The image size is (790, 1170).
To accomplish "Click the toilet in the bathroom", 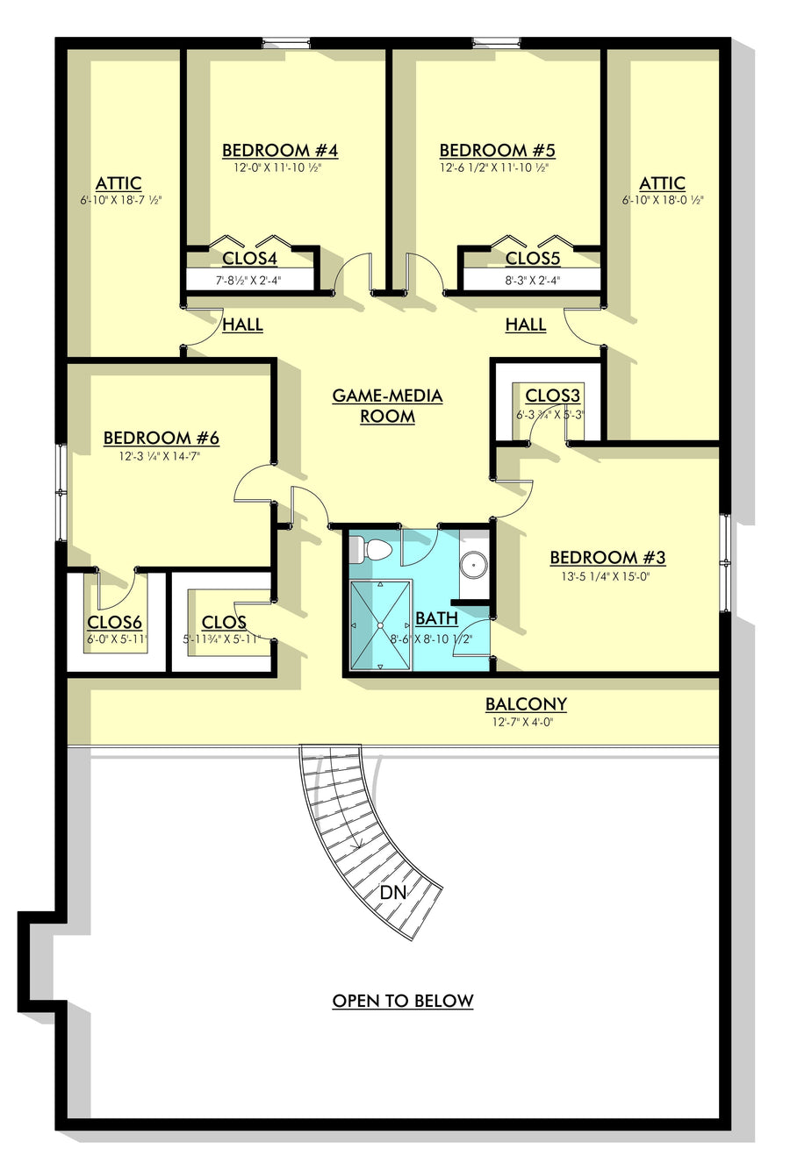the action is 370,551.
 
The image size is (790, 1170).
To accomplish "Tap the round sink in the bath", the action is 474,565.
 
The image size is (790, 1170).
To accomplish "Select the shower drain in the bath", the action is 381,624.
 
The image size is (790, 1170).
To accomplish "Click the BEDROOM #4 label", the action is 280,151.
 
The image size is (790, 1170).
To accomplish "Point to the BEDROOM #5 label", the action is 497,151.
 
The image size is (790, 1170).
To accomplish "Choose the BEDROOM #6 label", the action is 161,438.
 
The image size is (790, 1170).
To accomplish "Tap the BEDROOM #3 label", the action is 607,558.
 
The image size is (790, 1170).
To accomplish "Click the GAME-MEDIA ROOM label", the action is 387,406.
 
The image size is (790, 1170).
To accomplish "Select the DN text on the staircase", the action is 393,893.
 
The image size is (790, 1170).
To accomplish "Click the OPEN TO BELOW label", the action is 403,1001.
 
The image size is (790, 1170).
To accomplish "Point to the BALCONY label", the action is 526,704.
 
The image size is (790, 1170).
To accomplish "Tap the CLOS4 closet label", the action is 249,258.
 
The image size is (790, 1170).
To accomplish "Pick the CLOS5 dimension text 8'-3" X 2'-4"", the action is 532,280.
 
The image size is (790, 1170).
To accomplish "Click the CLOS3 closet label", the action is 553,396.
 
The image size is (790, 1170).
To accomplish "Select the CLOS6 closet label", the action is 114,622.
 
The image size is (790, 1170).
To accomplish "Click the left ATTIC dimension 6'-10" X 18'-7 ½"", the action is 121,200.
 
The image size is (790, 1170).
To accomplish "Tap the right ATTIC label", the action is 662,183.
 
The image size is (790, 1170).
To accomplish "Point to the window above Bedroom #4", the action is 286,43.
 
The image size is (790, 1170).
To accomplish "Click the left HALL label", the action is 242,325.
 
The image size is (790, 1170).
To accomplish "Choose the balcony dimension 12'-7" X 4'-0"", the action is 523,723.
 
